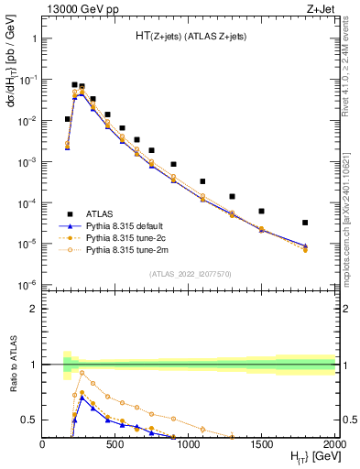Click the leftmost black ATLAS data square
pyautogui.click(x=67, y=119)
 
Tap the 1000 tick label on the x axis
pyautogui.click(x=190, y=443)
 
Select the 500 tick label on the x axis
pyautogui.click(x=115, y=443)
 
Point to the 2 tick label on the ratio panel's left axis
pyautogui.click(x=33, y=310)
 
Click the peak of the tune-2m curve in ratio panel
pyautogui.click(x=82, y=372)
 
